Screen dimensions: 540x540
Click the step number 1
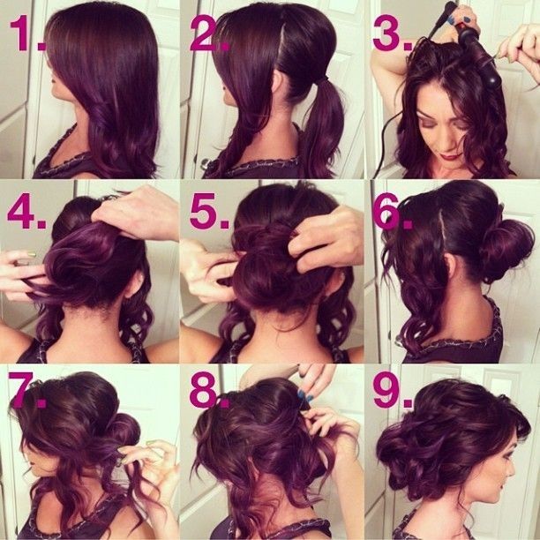click(x=24, y=34)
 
